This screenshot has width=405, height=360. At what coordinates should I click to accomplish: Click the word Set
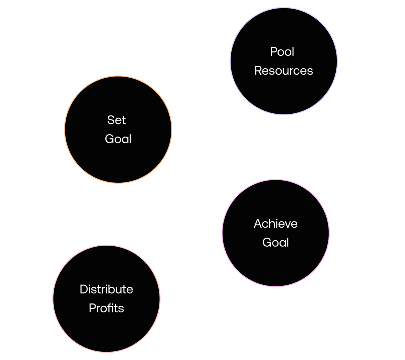click(x=116, y=120)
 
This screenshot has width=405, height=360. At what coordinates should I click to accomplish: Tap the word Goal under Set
click(x=118, y=139)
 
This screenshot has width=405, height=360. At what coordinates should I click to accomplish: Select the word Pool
click(x=282, y=52)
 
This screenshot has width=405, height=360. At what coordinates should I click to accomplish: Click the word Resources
click(x=283, y=70)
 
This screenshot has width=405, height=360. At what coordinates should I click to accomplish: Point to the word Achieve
click(x=276, y=223)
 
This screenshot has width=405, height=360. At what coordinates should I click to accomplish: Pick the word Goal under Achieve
click(x=276, y=242)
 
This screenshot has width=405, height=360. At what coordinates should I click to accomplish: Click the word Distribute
click(x=106, y=289)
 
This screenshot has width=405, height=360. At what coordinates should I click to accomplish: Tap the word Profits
click(x=106, y=308)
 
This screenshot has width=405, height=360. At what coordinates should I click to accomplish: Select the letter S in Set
click(x=111, y=120)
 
